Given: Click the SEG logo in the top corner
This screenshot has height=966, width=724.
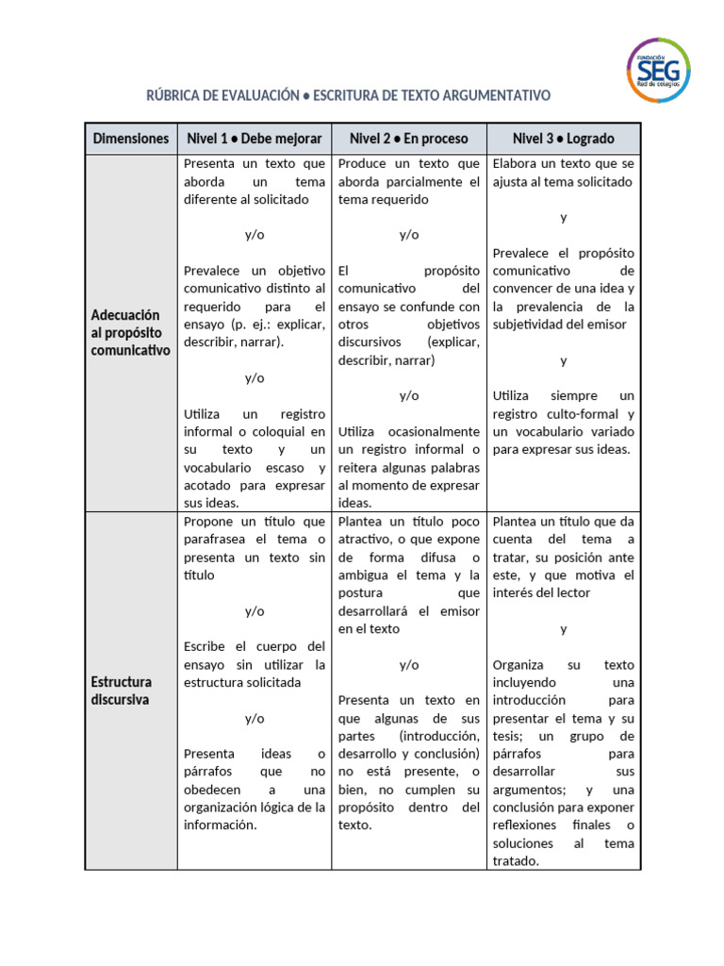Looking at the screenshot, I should point(658,70).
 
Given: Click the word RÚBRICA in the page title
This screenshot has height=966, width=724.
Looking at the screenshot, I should point(176,96).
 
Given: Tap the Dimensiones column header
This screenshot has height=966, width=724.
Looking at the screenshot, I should point(131,139).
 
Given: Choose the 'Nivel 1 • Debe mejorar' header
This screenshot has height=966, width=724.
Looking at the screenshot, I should point(255,139).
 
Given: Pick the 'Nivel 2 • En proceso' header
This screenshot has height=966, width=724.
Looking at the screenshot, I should point(408,139).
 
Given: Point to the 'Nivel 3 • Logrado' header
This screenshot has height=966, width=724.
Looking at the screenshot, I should point(563,139).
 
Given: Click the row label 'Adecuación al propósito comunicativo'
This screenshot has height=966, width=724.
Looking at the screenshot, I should point(126,332).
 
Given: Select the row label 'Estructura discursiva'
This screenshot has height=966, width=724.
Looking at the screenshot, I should point(122,691).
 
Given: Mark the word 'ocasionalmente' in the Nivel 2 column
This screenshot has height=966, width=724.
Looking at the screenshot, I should point(436,432).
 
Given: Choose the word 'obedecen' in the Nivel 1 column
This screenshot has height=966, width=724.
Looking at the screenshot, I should point(212,790).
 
